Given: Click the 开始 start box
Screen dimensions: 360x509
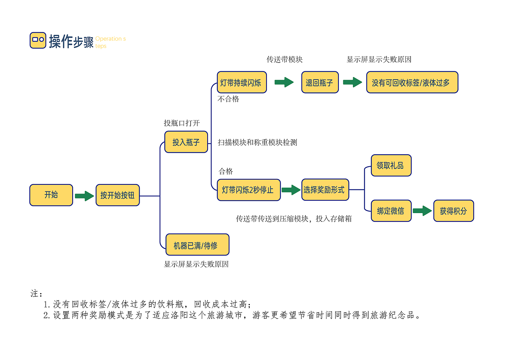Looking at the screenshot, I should [x=51, y=195].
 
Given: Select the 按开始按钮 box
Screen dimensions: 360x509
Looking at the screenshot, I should [x=117, y=195].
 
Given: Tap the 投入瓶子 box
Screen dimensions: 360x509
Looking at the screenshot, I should [x=186, y=142].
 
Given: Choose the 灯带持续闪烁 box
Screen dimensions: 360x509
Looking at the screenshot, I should [x=241, y=83].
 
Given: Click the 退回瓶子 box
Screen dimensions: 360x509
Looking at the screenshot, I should [x=320, y=83].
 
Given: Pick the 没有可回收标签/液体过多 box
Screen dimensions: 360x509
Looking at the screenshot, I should [x=412, y=83].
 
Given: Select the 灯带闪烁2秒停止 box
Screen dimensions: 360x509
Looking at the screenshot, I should [x=249, y=190].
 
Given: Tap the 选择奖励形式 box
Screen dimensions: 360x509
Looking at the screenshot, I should [x=325, y=190].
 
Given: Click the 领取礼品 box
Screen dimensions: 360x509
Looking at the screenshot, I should [x=391, y=165].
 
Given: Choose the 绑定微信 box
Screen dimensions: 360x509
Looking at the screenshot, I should [x=391, y=211].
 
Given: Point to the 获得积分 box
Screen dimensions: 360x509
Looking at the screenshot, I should [x=453, y=211].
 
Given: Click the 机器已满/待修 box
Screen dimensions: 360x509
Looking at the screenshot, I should [x=197, y=245].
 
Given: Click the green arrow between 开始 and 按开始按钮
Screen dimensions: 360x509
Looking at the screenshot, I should [x=84, y=196].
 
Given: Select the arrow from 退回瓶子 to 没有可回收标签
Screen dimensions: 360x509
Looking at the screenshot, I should [x=352, y=82].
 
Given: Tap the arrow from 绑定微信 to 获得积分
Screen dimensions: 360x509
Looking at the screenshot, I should [x=422, y=211].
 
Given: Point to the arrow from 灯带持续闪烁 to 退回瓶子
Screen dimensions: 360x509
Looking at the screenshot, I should [x=284, y=82].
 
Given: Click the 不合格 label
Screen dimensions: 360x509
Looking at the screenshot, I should [x=228, y=99].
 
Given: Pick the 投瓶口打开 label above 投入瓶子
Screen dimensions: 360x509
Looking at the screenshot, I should [x=181, y=123].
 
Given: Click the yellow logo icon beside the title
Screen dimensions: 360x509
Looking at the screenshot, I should [x=38, y=40].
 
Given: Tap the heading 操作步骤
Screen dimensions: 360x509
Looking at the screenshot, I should [x=71, y=41].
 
